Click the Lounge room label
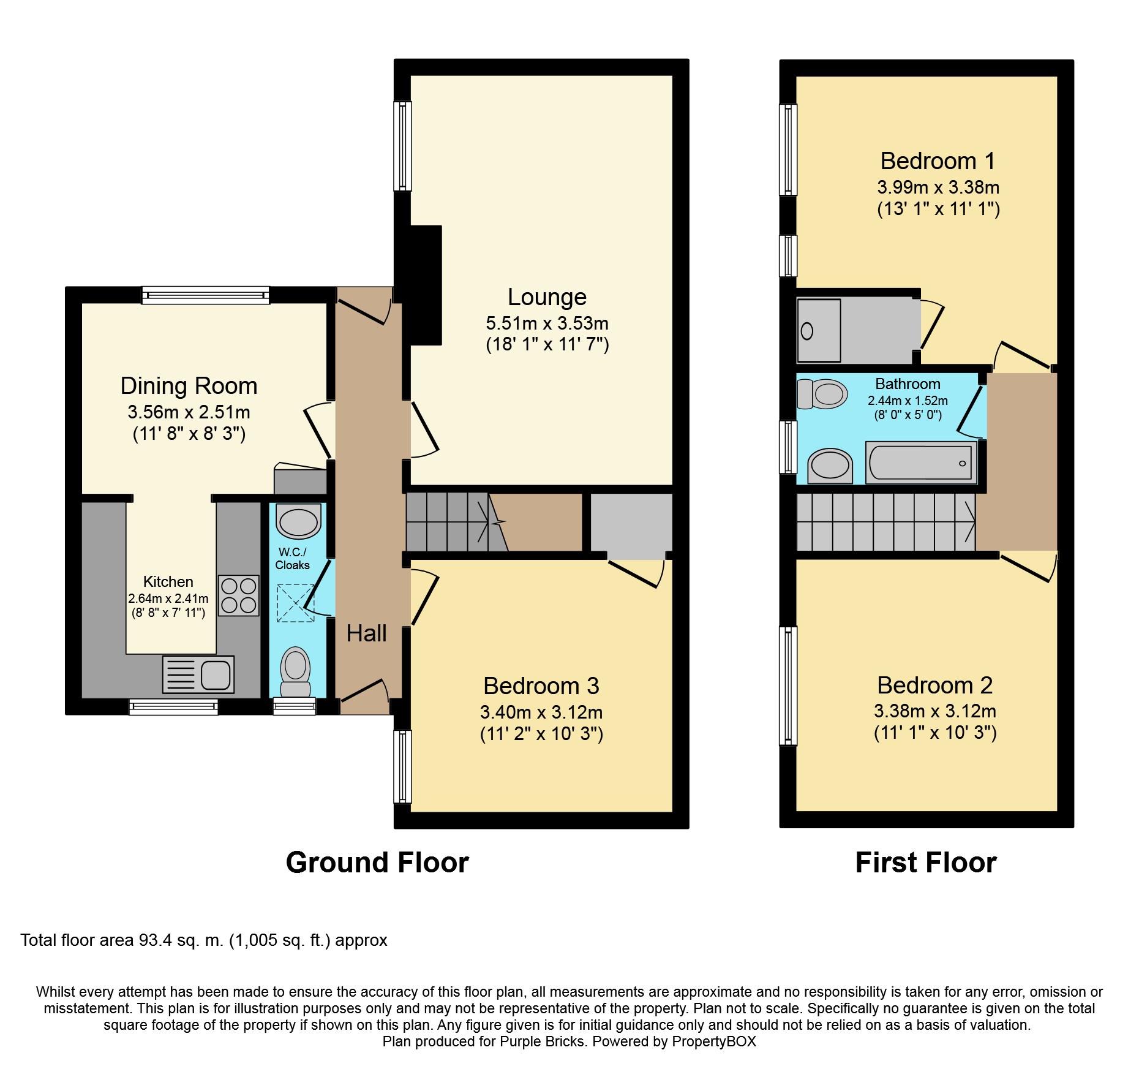(547, 297)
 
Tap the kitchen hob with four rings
(239, 595)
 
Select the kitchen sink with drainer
(198, 674)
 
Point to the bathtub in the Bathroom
(920, 463)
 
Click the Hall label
(366, 633)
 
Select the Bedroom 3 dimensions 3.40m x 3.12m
(541, 712)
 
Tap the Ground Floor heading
(377, 863)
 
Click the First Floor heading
(926, 863)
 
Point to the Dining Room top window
(205, 295)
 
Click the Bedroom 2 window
(788, 686)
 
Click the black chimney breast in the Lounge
(421, 285)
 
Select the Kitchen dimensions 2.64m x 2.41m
(168, 599)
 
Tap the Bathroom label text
(908, 384)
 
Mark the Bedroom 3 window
(402, 766)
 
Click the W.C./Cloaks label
(292, 559)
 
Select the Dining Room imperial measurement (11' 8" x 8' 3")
(189, 434)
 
